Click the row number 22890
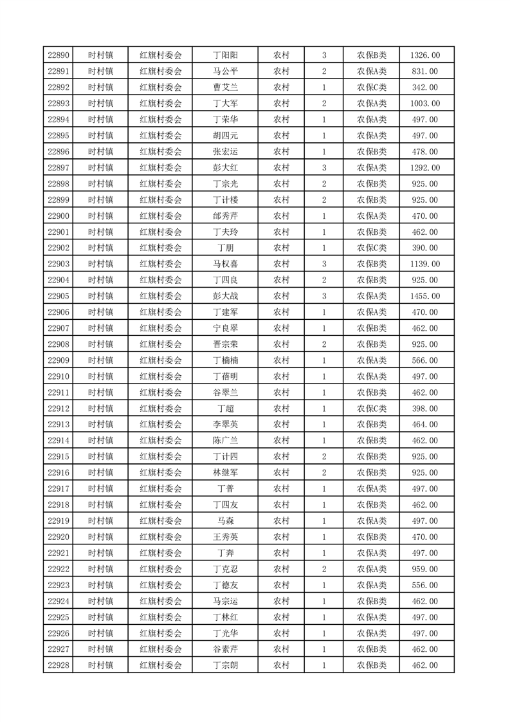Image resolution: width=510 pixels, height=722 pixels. (58, 55)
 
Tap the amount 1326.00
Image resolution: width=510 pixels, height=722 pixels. (424, 55)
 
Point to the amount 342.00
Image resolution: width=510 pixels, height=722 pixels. (424, 88)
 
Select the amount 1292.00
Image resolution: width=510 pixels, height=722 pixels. (424, 168)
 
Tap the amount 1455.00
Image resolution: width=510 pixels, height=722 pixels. (424, 296)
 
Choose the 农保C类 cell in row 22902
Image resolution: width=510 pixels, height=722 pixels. (371, 248)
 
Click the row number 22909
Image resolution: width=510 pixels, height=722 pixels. (58, 360)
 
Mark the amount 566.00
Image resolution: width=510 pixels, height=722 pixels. (424, 360)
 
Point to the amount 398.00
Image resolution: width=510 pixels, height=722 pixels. (424, 409)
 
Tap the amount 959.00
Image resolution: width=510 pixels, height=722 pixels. (424, 569)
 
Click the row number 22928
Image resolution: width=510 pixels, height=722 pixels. (58, 665)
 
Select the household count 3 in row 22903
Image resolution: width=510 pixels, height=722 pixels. (323, 264)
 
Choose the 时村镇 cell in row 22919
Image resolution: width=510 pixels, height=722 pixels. (100, 521)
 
